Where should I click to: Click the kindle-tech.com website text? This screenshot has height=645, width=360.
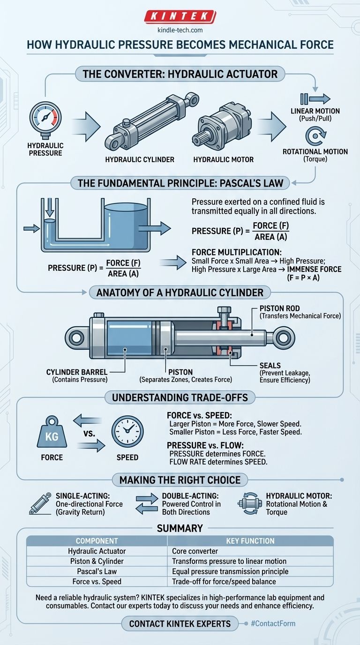tap(180, 30)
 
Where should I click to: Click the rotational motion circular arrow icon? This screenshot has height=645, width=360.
tap(315, 136)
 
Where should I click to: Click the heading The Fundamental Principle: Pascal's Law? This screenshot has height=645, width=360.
tap(180, 182)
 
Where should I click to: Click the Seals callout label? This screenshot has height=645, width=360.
tap(270, 365)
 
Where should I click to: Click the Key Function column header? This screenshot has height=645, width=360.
tap(250, 540)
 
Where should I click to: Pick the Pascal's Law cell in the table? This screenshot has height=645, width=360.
tap(97, 571)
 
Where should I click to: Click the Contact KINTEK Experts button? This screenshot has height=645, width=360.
tap(180, 623)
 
